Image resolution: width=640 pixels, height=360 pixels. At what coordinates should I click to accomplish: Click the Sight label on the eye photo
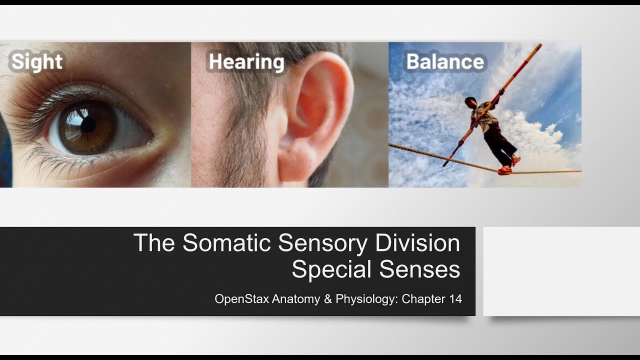tap(37, 62)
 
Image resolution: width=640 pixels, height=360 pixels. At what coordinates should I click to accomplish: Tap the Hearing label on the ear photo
tap(246, 62)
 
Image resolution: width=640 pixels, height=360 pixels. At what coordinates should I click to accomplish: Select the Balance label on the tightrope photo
tap(445, 62)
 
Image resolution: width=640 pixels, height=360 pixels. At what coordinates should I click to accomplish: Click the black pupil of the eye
tap(88, 124)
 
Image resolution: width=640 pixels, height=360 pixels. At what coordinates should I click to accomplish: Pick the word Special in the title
tap(331, 269)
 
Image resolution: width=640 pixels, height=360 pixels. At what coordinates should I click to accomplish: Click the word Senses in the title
tap(419, 269)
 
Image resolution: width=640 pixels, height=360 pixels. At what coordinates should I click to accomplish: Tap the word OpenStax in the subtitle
tap(241, 299)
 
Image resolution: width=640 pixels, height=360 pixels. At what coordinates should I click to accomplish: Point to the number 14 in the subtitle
tap(454, 299)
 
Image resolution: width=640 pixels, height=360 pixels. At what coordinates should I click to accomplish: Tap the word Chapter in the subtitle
tap(423, 299)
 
